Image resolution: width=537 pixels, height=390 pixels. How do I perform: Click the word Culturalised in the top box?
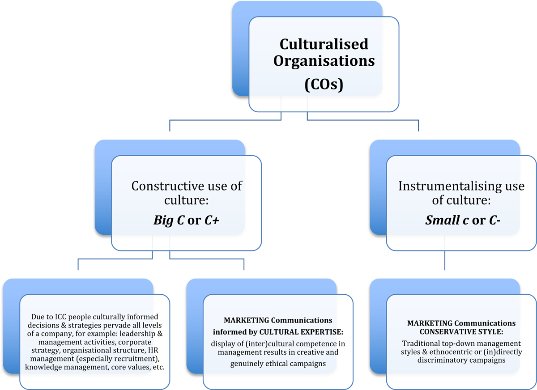click(x=324, y=44)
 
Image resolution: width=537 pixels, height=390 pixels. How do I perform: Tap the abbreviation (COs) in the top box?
click(x=324, y=84)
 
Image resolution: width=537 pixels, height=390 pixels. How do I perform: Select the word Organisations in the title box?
click(x=324, y=60)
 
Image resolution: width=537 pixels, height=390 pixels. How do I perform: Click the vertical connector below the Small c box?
click(x=445, y=260)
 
